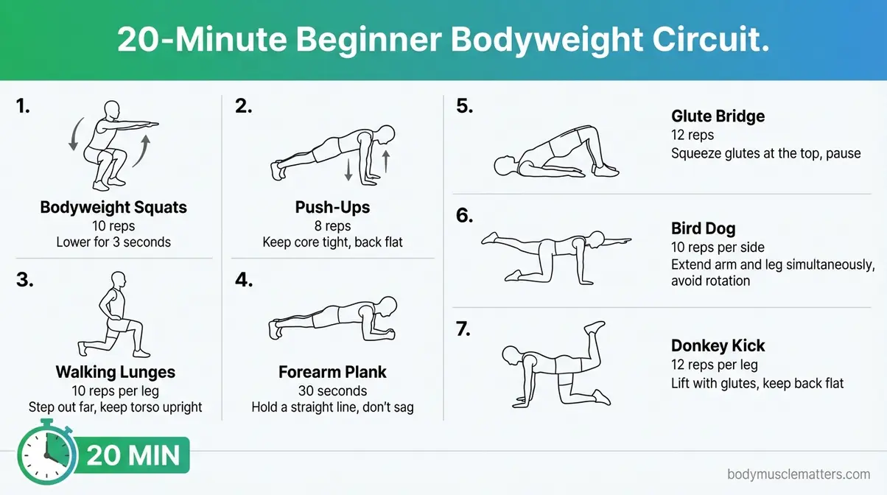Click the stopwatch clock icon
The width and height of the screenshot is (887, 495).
pyautogui.click(x=46, y=455)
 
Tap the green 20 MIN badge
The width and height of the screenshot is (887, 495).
pyautogui.click(x=133, y=456)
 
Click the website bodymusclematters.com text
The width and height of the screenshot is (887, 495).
pyautogui.click(x=799, y=475)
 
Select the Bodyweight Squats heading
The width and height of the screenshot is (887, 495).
pyautogui.click(x=113, y=207)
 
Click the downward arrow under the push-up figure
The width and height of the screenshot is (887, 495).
pyautogui.click(x=348, y=169)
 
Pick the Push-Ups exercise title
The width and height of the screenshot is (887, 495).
pyautogui.click(x=333, y=207)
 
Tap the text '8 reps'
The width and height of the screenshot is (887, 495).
pyautogui.click(x=333, y=225)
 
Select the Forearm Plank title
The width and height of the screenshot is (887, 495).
pyautogui.click(x=332, y=372)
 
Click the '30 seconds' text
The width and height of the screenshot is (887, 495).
pyautogui.click(x=332, y=390)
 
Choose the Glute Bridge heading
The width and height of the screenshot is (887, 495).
pyautogui.click(x=718, y=116)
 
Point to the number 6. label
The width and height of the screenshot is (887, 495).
pyautogui.click(x=464, y=216)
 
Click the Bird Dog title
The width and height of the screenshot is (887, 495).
pyautogui.click(x=703, y=228)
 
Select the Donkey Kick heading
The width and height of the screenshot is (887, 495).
pyautogui.click(x=718, y=345)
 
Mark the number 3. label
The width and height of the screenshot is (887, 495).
pyautogui.click(x=24, y=281)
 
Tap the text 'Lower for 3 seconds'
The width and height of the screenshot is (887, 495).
pyautogui.click(x=113, y=242)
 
